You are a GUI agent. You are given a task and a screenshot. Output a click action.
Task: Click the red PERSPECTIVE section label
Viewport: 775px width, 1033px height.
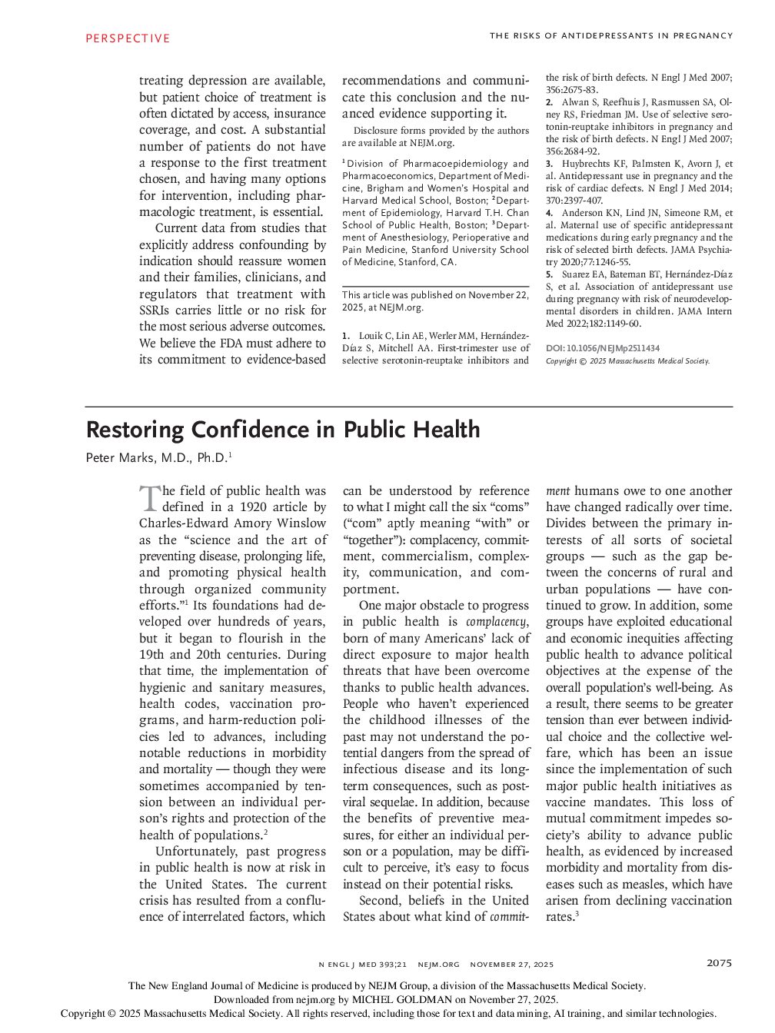127,38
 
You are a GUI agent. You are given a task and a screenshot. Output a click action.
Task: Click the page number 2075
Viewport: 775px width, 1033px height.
719,963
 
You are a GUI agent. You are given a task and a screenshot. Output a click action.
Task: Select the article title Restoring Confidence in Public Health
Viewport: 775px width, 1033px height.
282,429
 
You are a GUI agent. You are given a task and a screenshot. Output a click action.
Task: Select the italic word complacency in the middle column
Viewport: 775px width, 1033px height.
497,622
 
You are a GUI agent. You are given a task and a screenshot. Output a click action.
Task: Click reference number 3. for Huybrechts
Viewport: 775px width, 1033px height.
549,164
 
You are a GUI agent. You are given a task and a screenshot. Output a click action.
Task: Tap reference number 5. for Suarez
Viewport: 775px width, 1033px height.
549,274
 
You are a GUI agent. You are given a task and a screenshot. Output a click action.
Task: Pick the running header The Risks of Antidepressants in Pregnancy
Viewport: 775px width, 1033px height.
611,35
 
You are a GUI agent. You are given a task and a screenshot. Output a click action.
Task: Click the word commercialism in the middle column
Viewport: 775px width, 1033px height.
418,556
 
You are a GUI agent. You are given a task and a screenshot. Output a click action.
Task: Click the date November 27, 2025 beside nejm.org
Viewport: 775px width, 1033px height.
511,964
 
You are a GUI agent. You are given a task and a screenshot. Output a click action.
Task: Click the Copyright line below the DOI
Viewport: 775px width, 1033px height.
627,360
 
